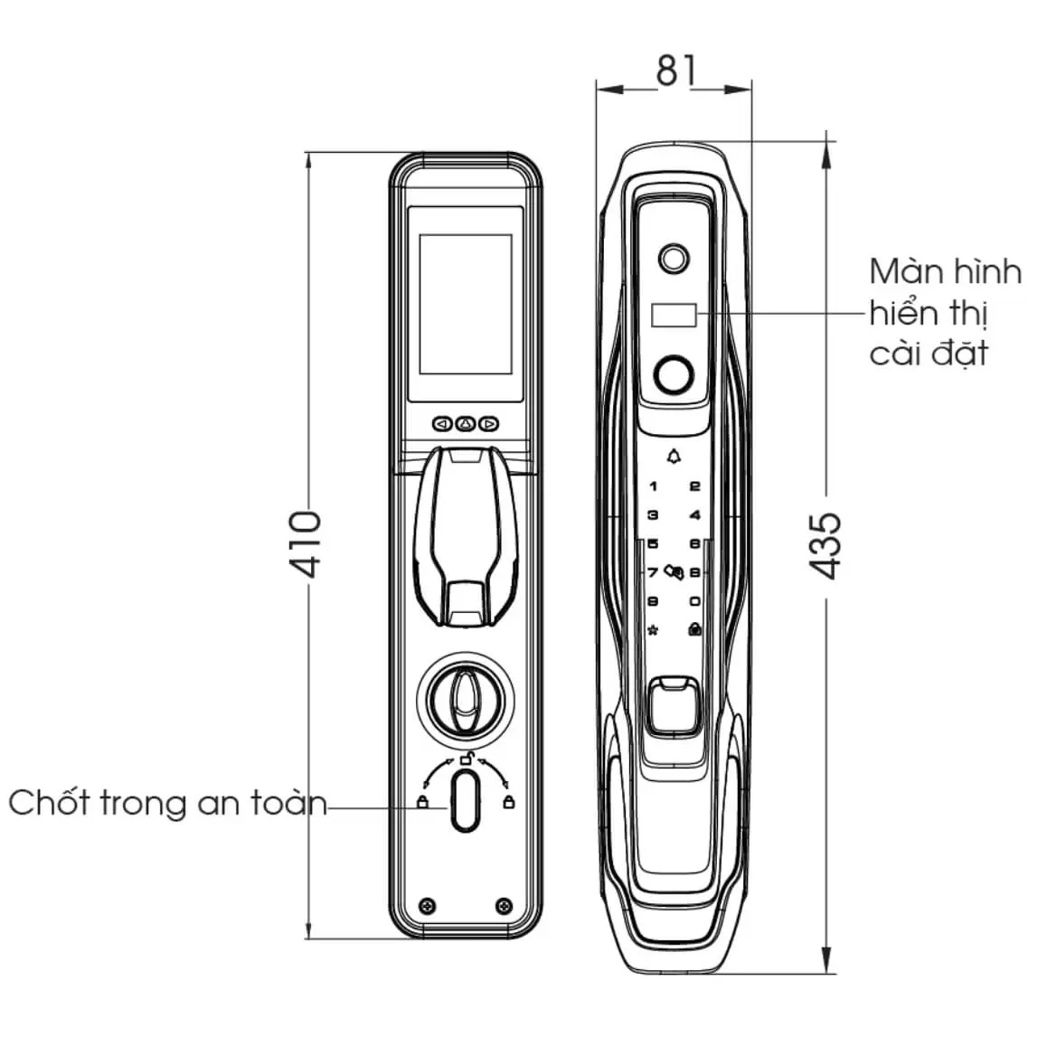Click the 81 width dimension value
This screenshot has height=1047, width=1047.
click(676, 71)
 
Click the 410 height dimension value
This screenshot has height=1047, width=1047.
click(306, 544)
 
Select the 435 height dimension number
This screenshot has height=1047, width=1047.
click(825, 545)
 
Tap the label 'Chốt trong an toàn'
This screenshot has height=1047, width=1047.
click(167, 803)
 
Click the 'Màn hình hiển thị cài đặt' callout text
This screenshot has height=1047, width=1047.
click(945, 312)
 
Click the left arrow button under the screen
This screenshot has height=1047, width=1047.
click(442, 424)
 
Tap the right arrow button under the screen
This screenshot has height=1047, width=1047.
click(489, 424)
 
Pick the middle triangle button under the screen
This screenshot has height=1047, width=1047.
click(466, 424)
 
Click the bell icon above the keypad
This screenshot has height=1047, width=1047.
click(674, 457)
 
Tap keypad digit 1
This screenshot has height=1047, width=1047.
click(653, 486)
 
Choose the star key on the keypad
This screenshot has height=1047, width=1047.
click(653, 629)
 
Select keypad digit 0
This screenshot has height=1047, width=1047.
click(695, 601)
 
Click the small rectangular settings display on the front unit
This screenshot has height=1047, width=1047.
click(674, 316)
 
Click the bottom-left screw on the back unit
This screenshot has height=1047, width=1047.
click(428, 906)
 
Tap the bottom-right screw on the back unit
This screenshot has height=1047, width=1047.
click(505, 906)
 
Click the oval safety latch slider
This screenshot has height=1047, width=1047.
click(466, 800)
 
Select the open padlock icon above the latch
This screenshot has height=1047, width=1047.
click(467, 758)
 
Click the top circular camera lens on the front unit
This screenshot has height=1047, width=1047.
click(673, 259)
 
